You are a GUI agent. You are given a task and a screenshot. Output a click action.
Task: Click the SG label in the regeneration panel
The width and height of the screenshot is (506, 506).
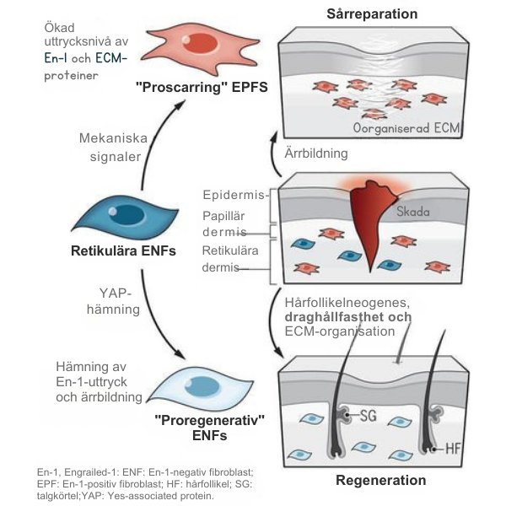(369, 415)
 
